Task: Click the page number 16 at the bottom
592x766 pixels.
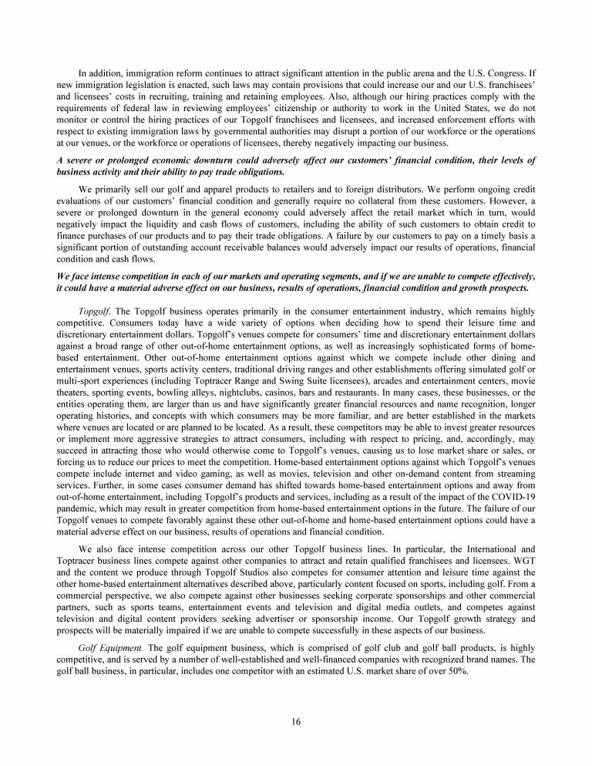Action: coord(296,721)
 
